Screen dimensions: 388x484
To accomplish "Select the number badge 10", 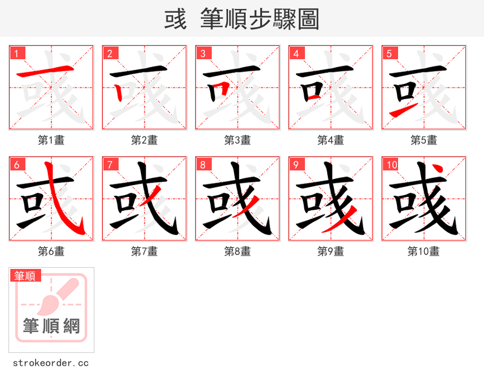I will pyautogui.click(x=391, y=164).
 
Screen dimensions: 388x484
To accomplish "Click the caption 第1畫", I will pyautogui.click(x=51, y=140).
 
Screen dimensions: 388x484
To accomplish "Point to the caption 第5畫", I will pyautogui.click(x=424, y=140).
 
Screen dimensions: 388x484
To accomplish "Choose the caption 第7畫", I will pyautogui.click(x=145, y=251).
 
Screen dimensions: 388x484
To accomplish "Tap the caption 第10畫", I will pyautogui.click(x=423, y=251).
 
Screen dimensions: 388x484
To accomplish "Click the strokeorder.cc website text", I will pyautogui.click(x=51, y=363).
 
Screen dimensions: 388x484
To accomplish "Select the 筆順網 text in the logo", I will pyautogui.click(x=51, y=326).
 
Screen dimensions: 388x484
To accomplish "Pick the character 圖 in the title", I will pyautogui.click(x=308, y=19).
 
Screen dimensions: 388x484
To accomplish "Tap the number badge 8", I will pyautogui.click(x=204, y=164).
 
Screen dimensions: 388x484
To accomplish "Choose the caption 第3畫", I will pyautogui.click(x=238, y=140).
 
